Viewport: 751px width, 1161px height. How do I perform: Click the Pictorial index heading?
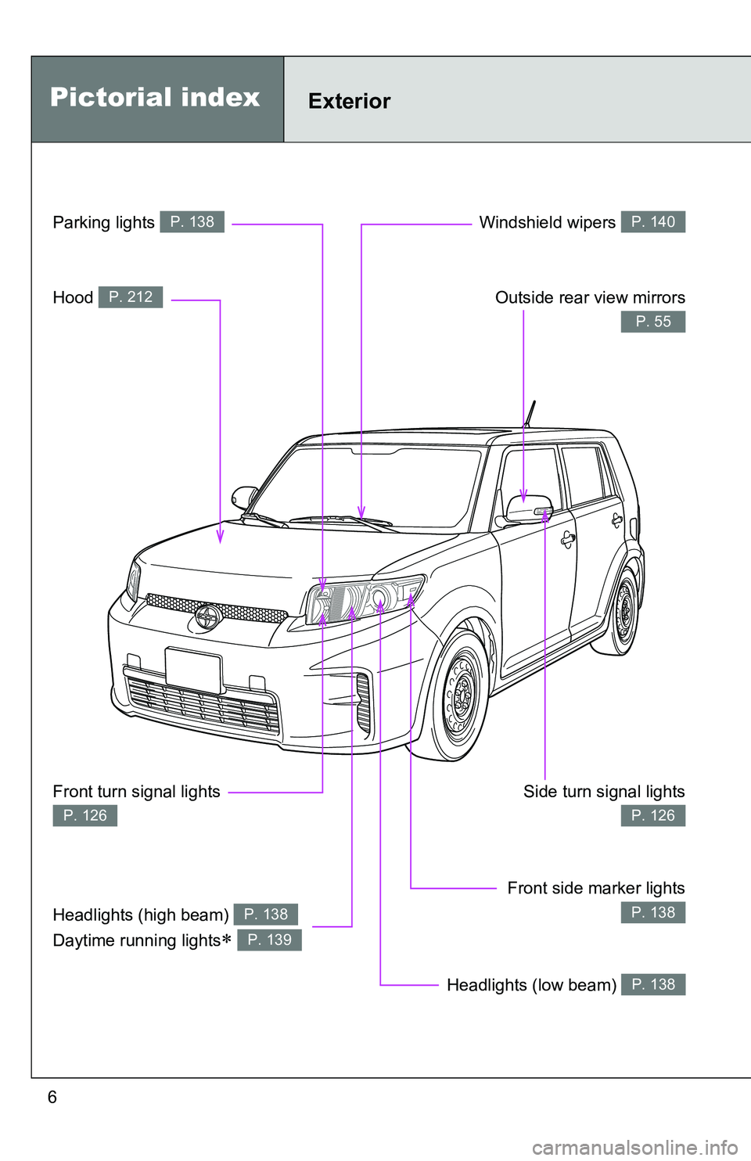[155, 98]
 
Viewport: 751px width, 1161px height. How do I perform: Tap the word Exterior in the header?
[350, 101]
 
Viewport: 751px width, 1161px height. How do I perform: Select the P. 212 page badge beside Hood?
[131, 297]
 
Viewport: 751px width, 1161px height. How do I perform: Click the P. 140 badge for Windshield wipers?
[653, 222]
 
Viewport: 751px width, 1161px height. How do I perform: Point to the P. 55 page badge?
[653, 322]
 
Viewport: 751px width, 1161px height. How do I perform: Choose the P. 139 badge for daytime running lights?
[270, 940]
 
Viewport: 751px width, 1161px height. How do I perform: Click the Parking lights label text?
[104, 222]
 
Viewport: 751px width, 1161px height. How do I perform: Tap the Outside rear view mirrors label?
[590, 297]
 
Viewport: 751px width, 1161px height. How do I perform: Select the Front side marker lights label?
[596, 889]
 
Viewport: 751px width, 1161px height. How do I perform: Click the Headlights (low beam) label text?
[532, 985]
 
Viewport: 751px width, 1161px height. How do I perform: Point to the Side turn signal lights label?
[604, 792]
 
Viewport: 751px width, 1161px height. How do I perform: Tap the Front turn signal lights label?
[136, 792]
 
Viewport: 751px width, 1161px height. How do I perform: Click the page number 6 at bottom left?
[52, 1097]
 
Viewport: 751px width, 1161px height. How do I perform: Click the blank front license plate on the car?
[193, 670]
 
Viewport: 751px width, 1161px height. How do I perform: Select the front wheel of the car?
[458, 696]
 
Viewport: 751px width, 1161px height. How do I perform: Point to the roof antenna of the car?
[529, 414]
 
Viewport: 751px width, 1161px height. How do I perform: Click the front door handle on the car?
[568, 539]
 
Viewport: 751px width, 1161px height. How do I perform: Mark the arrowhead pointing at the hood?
[220, 537]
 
